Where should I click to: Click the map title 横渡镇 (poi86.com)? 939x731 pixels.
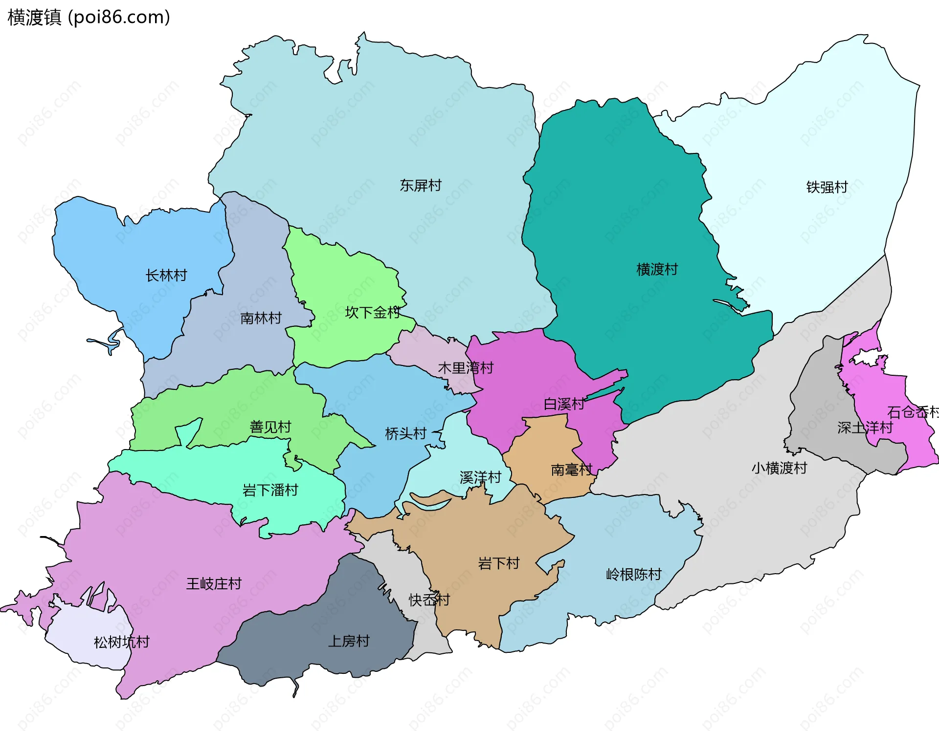coord(89,17)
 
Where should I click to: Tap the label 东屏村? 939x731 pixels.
coord(420,186)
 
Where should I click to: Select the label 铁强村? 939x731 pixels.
coord(827,187)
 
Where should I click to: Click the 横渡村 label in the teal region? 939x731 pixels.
coord(657,269)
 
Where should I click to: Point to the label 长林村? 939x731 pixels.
coord(166,276)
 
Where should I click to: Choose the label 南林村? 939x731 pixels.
coord(261,319)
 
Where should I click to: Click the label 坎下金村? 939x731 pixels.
coord(372,313)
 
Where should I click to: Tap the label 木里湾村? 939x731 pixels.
coord(465,368)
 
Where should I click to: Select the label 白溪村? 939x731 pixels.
coord(564,404)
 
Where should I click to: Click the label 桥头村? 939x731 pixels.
coord(405,433)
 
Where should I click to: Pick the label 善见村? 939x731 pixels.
coord(270,427)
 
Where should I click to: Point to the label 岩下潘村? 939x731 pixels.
coord(270,490)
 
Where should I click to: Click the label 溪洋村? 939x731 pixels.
coord(480,477)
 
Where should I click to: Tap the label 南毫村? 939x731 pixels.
coord(571,470)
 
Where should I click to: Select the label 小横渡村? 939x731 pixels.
coord(779,468)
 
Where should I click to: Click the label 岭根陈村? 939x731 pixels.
coord(633,574)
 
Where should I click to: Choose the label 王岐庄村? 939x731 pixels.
coord(214,583)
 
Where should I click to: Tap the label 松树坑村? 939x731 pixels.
coord(121,642)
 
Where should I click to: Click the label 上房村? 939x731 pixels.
coord(348,641)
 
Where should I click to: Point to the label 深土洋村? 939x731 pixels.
coord(865,428)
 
